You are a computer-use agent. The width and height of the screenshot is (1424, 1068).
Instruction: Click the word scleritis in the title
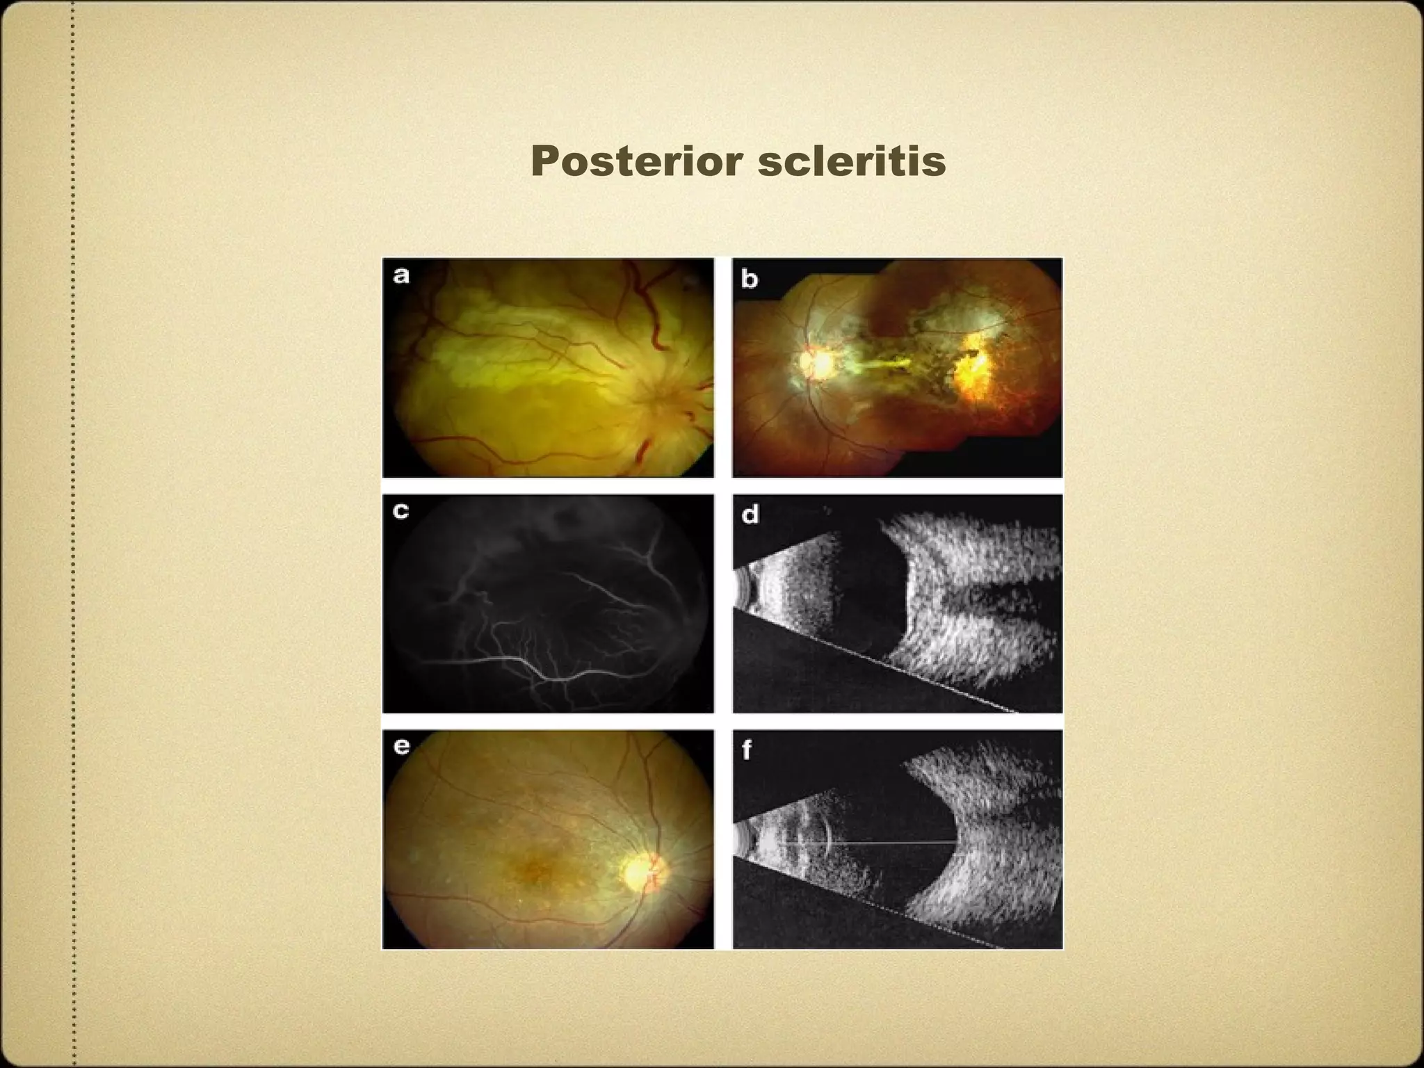[x=852, y=161]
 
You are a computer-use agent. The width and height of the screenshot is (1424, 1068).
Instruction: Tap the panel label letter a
[x=401, y=275]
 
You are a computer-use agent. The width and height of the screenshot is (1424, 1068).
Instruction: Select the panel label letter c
[x=401, y=511]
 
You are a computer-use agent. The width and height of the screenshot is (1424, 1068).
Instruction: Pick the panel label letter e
[x=401, y=746]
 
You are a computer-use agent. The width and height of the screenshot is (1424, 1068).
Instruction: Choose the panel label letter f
[x=747, y=750]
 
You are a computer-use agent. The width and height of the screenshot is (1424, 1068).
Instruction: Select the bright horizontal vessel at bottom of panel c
[x=487, y=664]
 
